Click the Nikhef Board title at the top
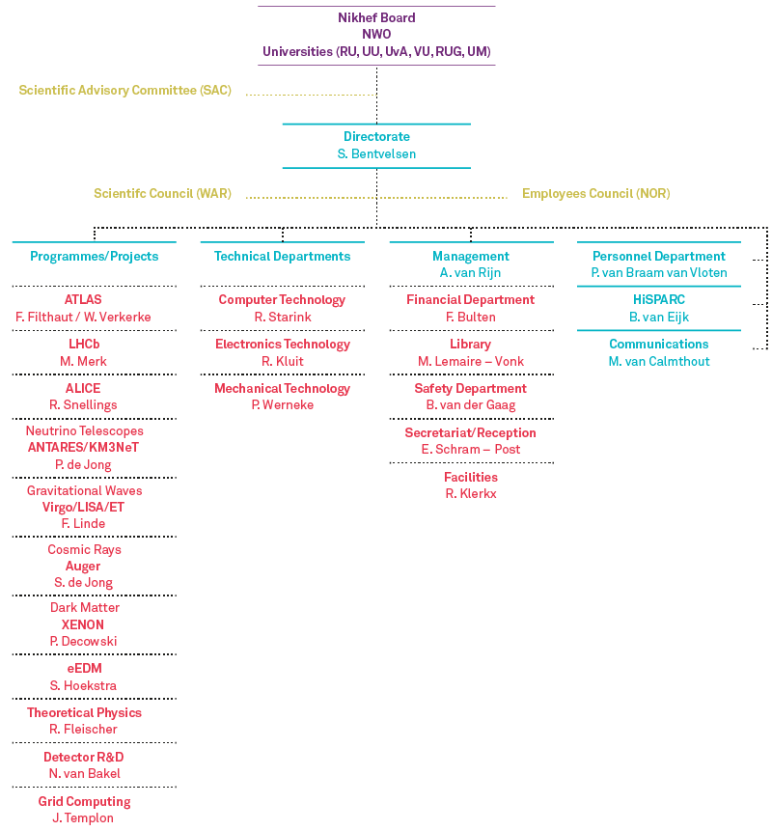tap(376, 17)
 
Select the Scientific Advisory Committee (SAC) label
tap(125, 90)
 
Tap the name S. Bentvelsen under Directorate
tap(376, 153)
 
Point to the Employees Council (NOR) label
tap(596, 193)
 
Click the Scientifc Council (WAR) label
tap(163, 193)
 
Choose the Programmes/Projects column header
tap(95, 257)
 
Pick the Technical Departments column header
tap(283, 257)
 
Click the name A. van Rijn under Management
tap(471, 273)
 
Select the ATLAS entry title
tap(83, 299)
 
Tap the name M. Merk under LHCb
tap(83, 361)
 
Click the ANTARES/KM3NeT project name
tap(83, 447)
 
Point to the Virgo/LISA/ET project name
tap(83, 507)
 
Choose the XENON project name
tap(83, 624)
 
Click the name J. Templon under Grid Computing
tap(83, 817)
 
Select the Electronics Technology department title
tap(283, 345)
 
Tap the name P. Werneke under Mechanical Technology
tap(283, 405)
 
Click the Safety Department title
tap(471, 388)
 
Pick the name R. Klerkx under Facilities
tap(471, 494)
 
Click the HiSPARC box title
tap(658, 299)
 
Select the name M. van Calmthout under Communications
tap(658, 361)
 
